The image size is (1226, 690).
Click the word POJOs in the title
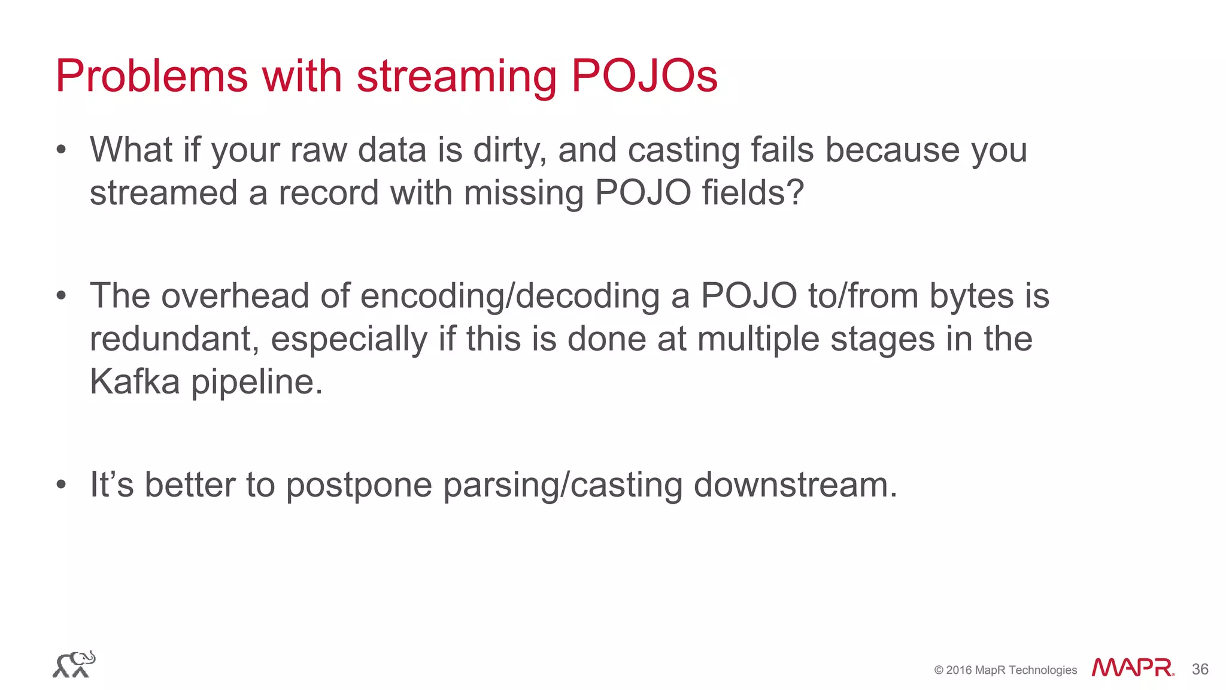coord(644,76)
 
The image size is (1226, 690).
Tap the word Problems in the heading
coord(151,76)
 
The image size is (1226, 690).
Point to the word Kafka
coord(135,382)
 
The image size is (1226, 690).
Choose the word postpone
coord(359,486)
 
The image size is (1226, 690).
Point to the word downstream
coord(795,485)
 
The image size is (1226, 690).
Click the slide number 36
coord(1200,669)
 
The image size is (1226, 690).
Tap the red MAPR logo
coord(1132,668)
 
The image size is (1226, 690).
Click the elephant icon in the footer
coord(74,664)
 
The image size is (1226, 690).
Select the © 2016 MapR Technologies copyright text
coord(1005,670)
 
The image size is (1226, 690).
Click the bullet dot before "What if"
coord(60,150)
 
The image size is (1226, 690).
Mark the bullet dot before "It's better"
coord(60,485)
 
